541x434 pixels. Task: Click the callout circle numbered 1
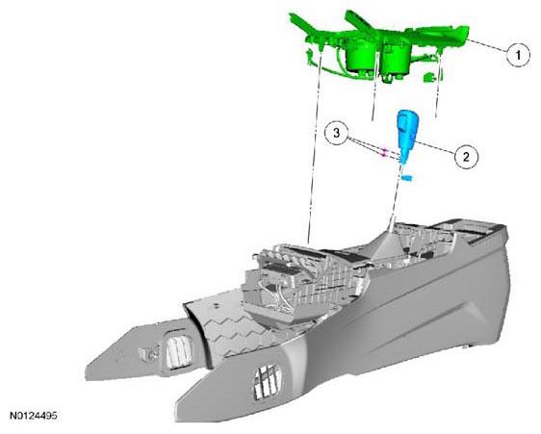point(518,55)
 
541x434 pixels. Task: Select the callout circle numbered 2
point(466,157)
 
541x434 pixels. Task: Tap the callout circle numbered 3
point(337,133)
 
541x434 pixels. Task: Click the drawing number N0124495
point(33,416)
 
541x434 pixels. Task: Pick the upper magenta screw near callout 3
point(385,151)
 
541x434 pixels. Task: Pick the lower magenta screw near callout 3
point(383,156)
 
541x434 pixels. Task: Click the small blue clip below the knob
point(407,178)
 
